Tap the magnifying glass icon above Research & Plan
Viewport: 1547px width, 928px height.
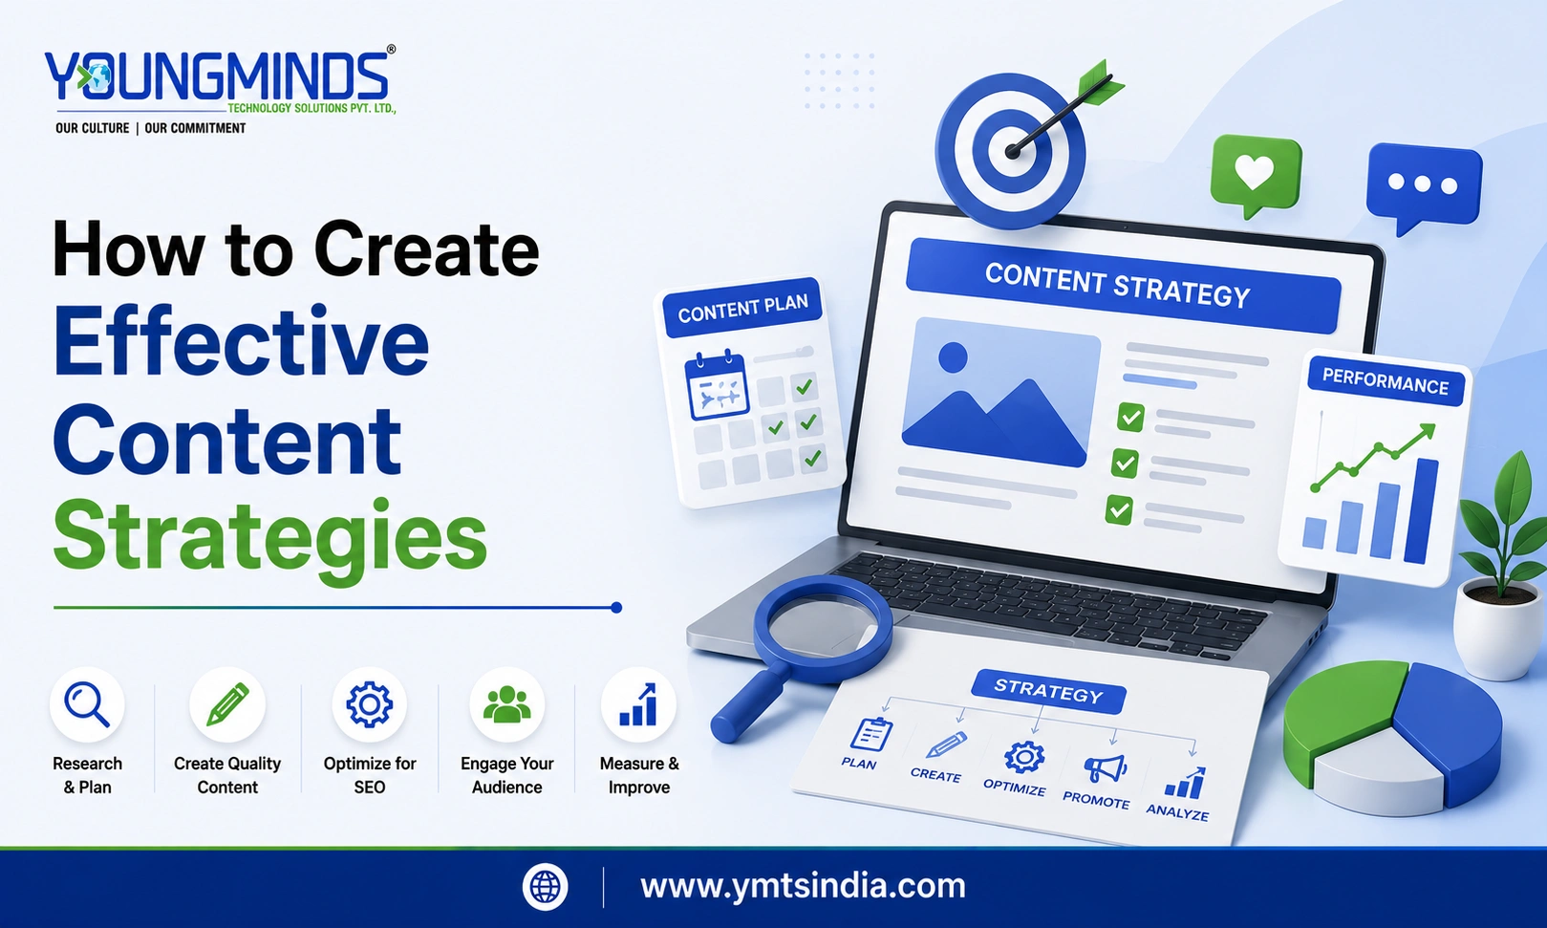pos(87,704)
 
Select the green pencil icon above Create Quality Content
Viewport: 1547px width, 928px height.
pos(227,704)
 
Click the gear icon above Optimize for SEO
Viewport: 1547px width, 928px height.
pos(370,704)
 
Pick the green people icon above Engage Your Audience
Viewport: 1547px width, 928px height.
pos(507,704)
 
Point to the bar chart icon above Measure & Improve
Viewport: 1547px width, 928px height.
pos(638,704)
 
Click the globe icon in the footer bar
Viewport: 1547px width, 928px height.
pos(545,887)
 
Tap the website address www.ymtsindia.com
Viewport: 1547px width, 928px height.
pos(803,887)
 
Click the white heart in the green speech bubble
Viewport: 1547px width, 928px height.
pos(1255,171)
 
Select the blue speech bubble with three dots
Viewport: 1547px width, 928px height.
pos(1424,186)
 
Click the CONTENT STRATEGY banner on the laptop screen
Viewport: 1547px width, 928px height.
pos(1122,286)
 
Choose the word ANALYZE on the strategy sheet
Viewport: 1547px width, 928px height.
pos(1177,812)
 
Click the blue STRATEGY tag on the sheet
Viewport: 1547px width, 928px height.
pos(1048,691)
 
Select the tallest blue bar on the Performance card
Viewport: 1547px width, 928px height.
pos(1421,511)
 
